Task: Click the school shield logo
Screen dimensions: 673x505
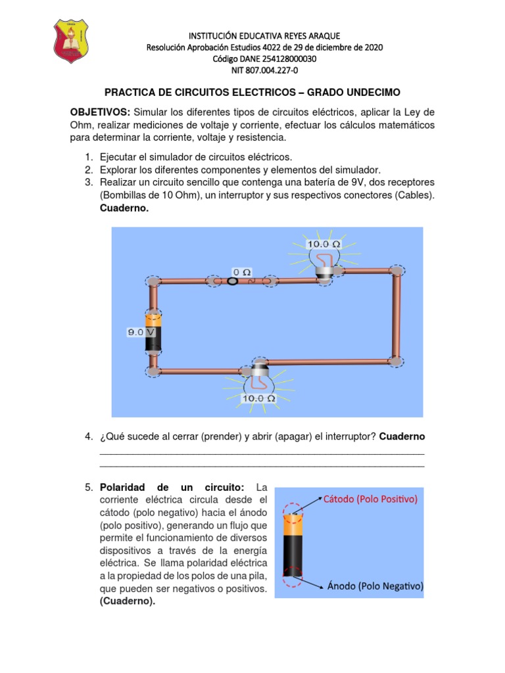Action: coord(69,41)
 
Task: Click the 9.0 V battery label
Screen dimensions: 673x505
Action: coord(141,333)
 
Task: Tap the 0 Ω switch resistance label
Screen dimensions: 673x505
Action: coord(242,270)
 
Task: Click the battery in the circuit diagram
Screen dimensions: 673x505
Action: coord(153,333)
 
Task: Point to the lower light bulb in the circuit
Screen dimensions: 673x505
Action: coord(258,376)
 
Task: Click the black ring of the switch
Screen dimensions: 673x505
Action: coord(232,281)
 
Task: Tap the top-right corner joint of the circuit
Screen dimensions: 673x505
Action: coord(397,270)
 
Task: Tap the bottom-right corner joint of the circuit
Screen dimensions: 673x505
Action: coord(396,360)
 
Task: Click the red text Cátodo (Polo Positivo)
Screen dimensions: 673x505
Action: coord(370,499)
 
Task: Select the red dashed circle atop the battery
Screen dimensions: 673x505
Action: coord(293,509)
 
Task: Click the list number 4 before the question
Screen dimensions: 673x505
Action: coord(88,437)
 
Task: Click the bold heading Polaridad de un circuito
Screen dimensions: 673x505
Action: coord(172,488)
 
